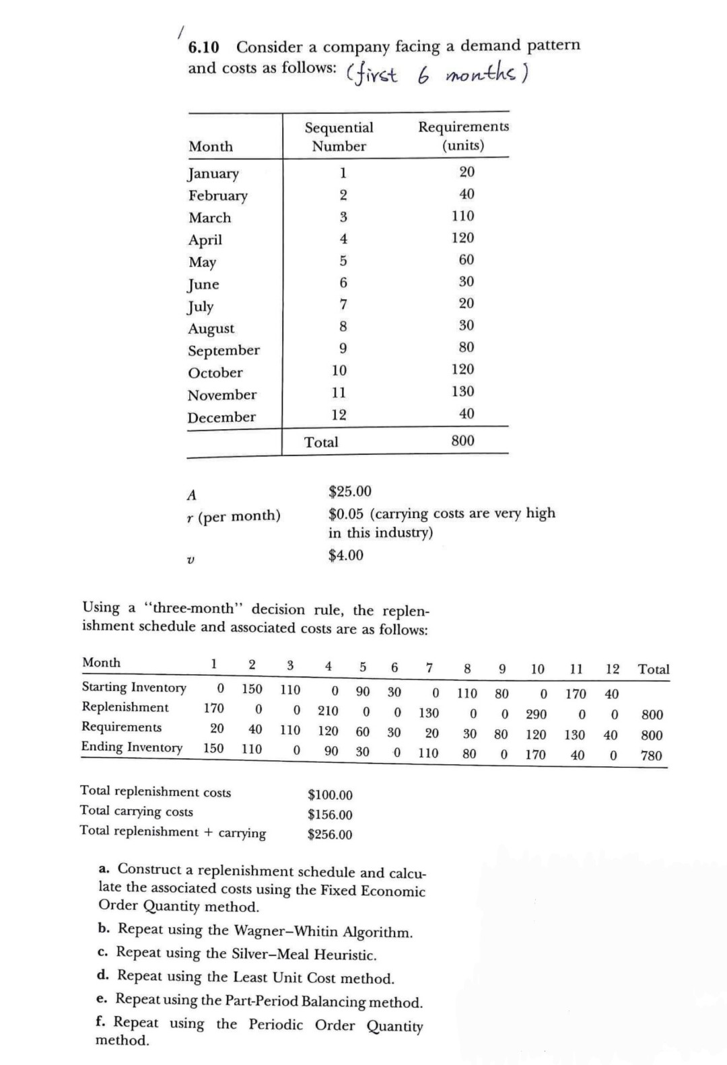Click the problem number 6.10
point(203,48)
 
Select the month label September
point(223,351)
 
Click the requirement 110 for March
point(463,216)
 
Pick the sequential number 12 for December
point(339,415)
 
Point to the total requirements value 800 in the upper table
point(463,441)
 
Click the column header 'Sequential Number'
point(339,137)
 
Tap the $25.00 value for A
point(350,492)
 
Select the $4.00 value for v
point(346,555)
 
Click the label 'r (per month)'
point(234,516)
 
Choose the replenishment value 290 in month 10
point(536,714)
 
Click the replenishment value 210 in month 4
point(328,711)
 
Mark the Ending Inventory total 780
point(652,756)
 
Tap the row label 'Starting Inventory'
point(134,687)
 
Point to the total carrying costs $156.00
point(330,815)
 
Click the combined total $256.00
point(330,835)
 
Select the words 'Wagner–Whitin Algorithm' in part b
point(323,932)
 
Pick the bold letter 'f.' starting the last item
point(102,1023)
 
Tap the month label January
point(213,174)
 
